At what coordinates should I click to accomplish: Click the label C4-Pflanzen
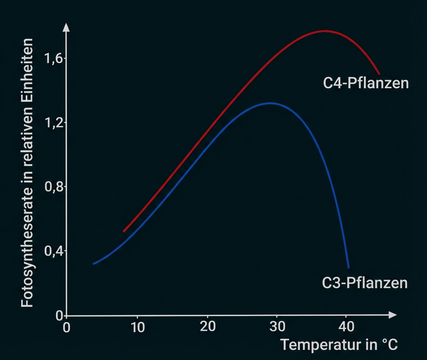pos(366,83)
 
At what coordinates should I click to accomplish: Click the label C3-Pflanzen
pos(365,283)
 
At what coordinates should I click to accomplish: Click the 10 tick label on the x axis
pos(137,327)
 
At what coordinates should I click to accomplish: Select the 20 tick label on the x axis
pos(207,327)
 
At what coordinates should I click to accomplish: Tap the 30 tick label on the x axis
pos(277,327)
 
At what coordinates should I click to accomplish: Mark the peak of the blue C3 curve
pos(270,103)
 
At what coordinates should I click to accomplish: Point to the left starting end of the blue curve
pos(94,264)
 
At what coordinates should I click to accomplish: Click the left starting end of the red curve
pos(124,231)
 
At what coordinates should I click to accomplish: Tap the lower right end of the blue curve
pos(348,267)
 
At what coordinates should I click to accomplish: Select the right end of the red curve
pos(379,74)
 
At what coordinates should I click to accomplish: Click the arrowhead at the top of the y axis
pos(66,27)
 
